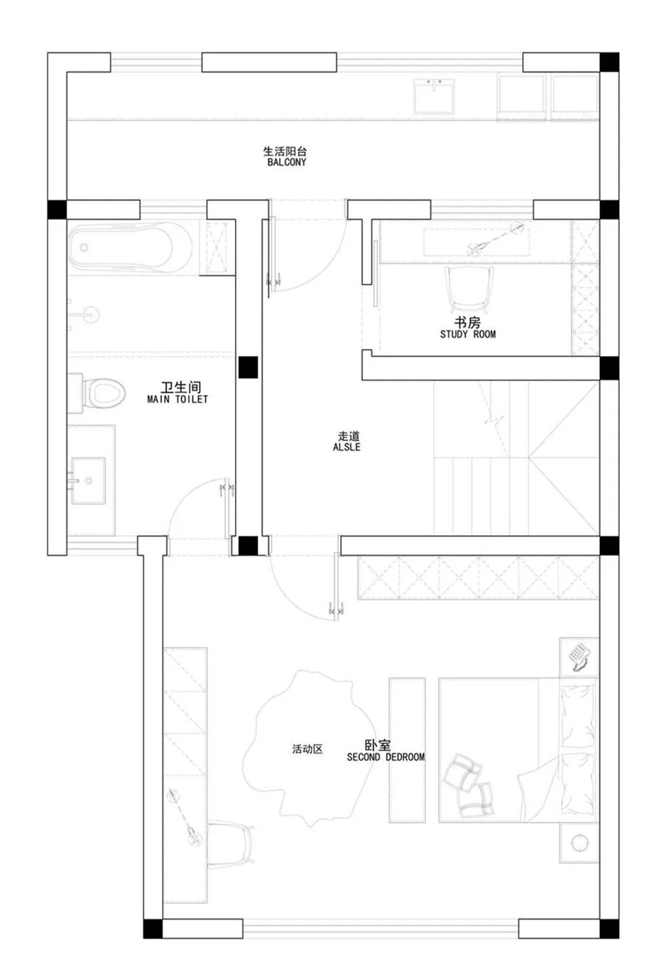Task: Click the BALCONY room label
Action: click(287, 162)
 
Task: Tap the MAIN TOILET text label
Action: click(177, 399)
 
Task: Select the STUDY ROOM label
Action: click(468, 334)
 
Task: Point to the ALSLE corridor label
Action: click(347, 447)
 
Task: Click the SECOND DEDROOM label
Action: click(386, 757)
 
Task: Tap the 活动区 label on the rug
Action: click(307, 749)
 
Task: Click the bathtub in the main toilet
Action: click(130, 248)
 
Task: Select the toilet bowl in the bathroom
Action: click(103, 393)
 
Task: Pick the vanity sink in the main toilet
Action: click(88, 481)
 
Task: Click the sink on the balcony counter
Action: click(434, 96)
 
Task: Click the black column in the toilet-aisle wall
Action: click(248, 367)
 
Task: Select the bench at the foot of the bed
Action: click(407, 750)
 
